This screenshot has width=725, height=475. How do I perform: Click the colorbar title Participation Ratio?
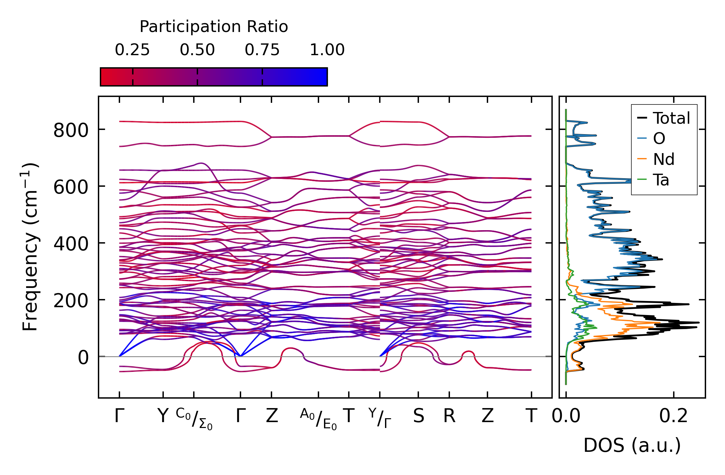(x=214, y=27)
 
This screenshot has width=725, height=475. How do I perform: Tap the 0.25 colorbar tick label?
(x=132, y=50)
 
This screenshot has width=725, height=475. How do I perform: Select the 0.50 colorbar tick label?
(x=197, y=50)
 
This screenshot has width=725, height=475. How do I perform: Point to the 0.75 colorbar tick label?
(x=262, y=50)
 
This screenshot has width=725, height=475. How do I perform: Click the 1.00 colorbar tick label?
(x=327, y=50)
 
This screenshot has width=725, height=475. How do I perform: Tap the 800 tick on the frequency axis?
(x=71, y=130)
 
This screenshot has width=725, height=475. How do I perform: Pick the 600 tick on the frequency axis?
(x=71, y=187)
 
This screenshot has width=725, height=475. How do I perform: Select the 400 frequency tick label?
(x=71, y=244)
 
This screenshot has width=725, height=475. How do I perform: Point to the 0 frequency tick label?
(x=83, y=357)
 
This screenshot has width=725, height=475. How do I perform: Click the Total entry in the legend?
(x=671, y=118)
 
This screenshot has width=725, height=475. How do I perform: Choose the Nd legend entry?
(x=663, y=159)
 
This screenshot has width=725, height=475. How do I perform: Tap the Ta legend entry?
(x=661, y=180)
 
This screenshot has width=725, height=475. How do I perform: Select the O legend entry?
(x=659, y=139)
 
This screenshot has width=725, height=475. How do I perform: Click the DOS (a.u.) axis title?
(x=632, y=446)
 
